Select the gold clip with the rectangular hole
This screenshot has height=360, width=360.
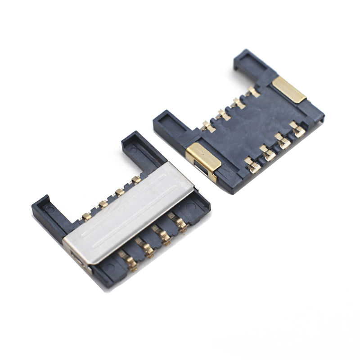point(203,159)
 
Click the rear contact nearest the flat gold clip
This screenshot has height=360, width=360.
point(253,92)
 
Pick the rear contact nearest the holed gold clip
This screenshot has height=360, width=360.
point(207,126)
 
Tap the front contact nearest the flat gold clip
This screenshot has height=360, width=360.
point(297,130)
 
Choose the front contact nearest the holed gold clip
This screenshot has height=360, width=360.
point(252,165)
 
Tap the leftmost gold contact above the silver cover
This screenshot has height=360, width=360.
point(85,216)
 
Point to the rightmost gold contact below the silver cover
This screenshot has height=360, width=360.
point(180,222)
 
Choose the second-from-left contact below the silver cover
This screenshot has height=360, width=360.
point(146,249)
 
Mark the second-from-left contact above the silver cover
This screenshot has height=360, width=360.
point(103,204)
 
